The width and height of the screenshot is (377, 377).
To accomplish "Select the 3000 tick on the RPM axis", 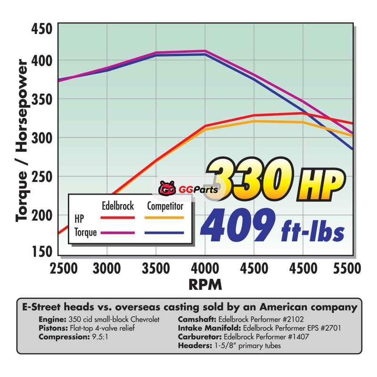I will pyautogui.click(x=107, y=269).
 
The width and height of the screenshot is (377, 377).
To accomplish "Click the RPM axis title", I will pyautogui.click(x=205, y=285).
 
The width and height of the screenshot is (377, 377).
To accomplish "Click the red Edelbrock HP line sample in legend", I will pyautogui.click(x=118, y=218).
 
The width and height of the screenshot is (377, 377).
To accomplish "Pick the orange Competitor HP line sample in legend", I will pyautogui.click(x=164, y=218).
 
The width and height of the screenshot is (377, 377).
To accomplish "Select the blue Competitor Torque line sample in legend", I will pyautogui.click(x=164, y=233).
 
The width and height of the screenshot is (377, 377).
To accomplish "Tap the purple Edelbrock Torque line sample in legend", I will pyautogui.click(x=118, y=233).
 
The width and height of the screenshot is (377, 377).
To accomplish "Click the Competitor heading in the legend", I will pyautogui.click(x=165, y=206).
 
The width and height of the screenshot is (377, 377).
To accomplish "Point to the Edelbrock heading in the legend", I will pyautogui.click(x=118, y=206).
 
